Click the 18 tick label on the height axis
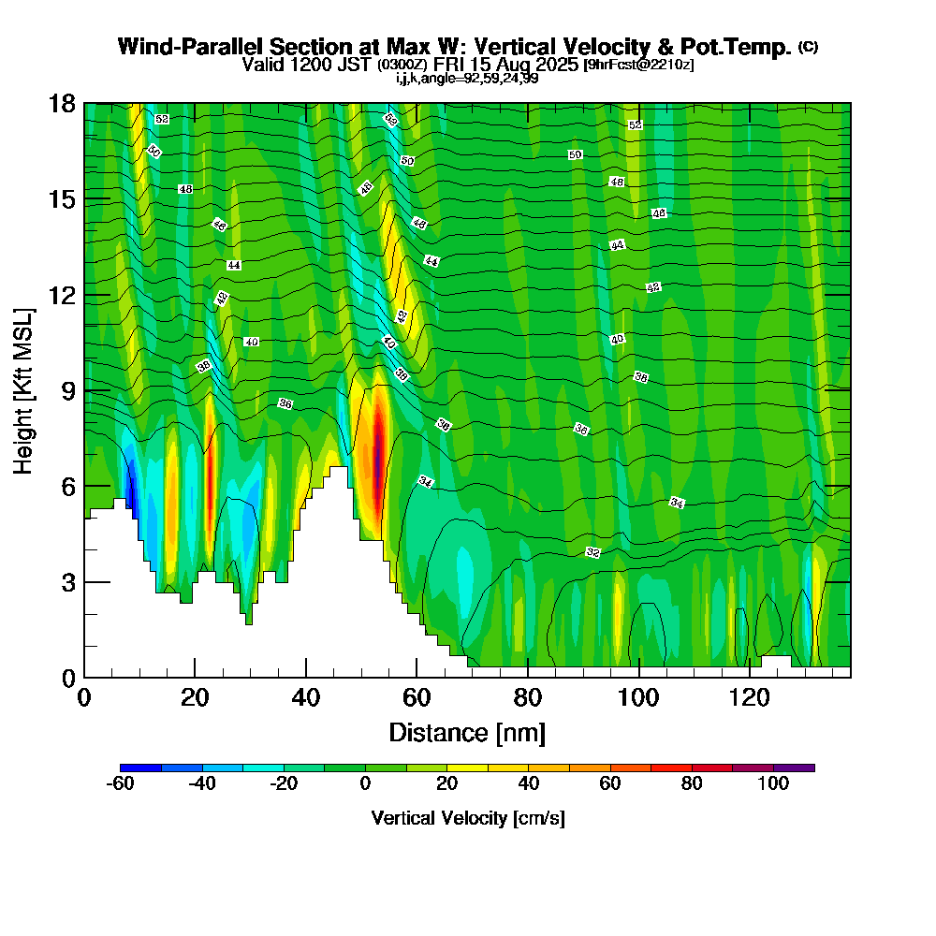63,103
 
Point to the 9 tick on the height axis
84,390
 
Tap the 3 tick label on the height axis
68,582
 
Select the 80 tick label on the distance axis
528,698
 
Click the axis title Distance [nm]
467,732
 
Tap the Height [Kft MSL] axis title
24,389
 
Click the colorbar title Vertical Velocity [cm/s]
468,818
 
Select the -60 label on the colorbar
122,785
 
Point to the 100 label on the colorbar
773,785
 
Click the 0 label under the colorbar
366,785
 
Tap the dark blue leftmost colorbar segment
141,768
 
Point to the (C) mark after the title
808,47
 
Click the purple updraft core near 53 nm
377,449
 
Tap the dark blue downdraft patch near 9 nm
132,491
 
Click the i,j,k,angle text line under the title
467,79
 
